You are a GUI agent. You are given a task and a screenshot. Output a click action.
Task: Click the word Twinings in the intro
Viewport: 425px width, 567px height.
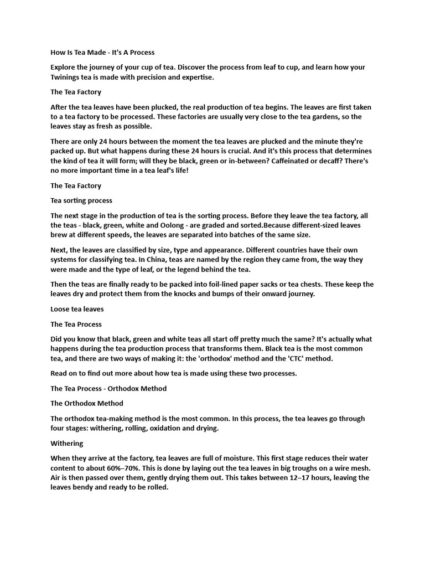coord(68,77)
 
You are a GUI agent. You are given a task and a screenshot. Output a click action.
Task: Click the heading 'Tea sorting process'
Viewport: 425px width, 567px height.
coord(81,200)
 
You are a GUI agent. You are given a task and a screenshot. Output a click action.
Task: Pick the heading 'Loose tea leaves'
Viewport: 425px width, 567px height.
coord(77,309)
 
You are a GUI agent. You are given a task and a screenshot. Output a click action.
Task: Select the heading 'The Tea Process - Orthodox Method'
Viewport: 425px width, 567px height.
coord(108,388)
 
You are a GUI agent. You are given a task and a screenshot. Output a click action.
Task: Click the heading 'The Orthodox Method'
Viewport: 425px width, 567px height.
coord(87,403)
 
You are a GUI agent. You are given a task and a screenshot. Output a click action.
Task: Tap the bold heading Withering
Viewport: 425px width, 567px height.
coord(67,443)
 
